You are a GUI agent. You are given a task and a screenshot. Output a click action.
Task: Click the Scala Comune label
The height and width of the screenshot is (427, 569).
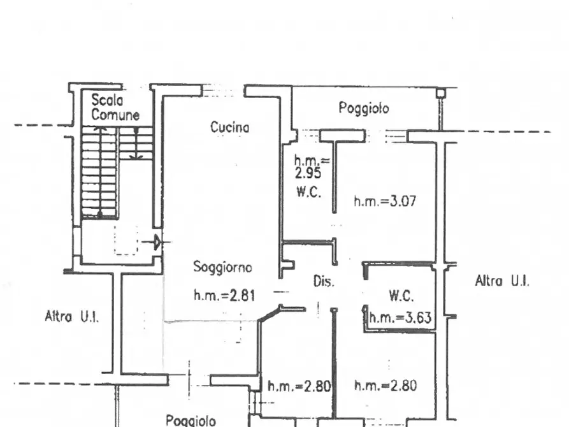click(115, 107)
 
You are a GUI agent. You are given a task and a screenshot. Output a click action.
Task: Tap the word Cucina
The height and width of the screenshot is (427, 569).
click(230, 127)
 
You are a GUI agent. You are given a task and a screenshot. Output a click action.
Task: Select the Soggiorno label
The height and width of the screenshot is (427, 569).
click(222, 267)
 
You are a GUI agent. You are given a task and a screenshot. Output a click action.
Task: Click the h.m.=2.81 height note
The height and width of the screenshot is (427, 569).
click(224, 295)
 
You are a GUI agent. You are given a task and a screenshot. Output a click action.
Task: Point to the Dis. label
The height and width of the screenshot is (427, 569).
click(324, 281)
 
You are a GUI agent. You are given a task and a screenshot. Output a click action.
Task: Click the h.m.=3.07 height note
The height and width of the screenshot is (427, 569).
click(385, 201)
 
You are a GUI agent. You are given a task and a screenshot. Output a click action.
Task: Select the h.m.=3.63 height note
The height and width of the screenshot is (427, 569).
click(400, 318)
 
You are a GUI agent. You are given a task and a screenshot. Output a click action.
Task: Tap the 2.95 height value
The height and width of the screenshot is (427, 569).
click(308, 173)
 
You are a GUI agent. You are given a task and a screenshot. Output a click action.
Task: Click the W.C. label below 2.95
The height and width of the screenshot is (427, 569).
click(308, 191)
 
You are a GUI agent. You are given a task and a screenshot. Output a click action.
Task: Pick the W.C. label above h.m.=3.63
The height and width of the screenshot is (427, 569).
click(401, 296)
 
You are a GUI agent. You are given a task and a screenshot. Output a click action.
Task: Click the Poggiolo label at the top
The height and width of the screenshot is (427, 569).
click(364, 108)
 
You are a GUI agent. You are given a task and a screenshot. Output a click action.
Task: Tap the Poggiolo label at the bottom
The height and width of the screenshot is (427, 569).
click(191, 421)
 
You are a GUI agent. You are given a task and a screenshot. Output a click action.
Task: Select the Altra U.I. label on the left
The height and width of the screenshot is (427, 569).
click(72, 316)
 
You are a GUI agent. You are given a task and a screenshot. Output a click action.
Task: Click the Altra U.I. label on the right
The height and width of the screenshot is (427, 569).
click(502, 280)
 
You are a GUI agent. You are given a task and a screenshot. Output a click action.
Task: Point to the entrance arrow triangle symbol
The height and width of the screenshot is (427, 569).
click(157, 242)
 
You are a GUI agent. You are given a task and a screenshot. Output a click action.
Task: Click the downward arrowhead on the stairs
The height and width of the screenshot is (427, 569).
click(136, 157)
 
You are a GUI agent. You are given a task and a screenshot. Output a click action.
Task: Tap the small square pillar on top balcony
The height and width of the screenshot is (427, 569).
click(440, 93)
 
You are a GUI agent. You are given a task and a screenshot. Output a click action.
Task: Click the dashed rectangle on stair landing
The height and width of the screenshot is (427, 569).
click(126, 240)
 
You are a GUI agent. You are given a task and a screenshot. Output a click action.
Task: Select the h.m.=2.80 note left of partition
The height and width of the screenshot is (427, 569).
click(299, 386)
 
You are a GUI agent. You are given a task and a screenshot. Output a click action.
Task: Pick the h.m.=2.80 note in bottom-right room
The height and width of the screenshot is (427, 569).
click(385, 385)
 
